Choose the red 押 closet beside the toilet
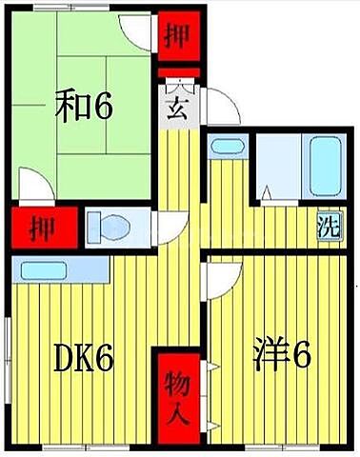coord(40,228)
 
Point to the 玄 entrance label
coord(177,107)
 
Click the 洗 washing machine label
coord(326,228)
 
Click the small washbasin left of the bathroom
coord(227,148)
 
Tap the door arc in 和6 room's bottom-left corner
coord(32,189)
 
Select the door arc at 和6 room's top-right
coord(143,36)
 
